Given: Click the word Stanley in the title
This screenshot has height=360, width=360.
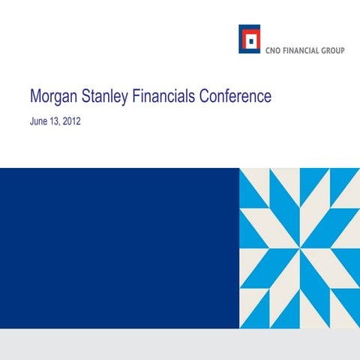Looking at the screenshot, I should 109,97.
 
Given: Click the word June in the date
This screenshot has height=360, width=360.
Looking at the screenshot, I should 39,121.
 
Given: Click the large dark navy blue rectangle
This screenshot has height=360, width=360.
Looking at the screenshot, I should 120,247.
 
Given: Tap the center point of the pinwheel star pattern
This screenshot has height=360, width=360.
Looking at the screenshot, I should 299,248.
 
